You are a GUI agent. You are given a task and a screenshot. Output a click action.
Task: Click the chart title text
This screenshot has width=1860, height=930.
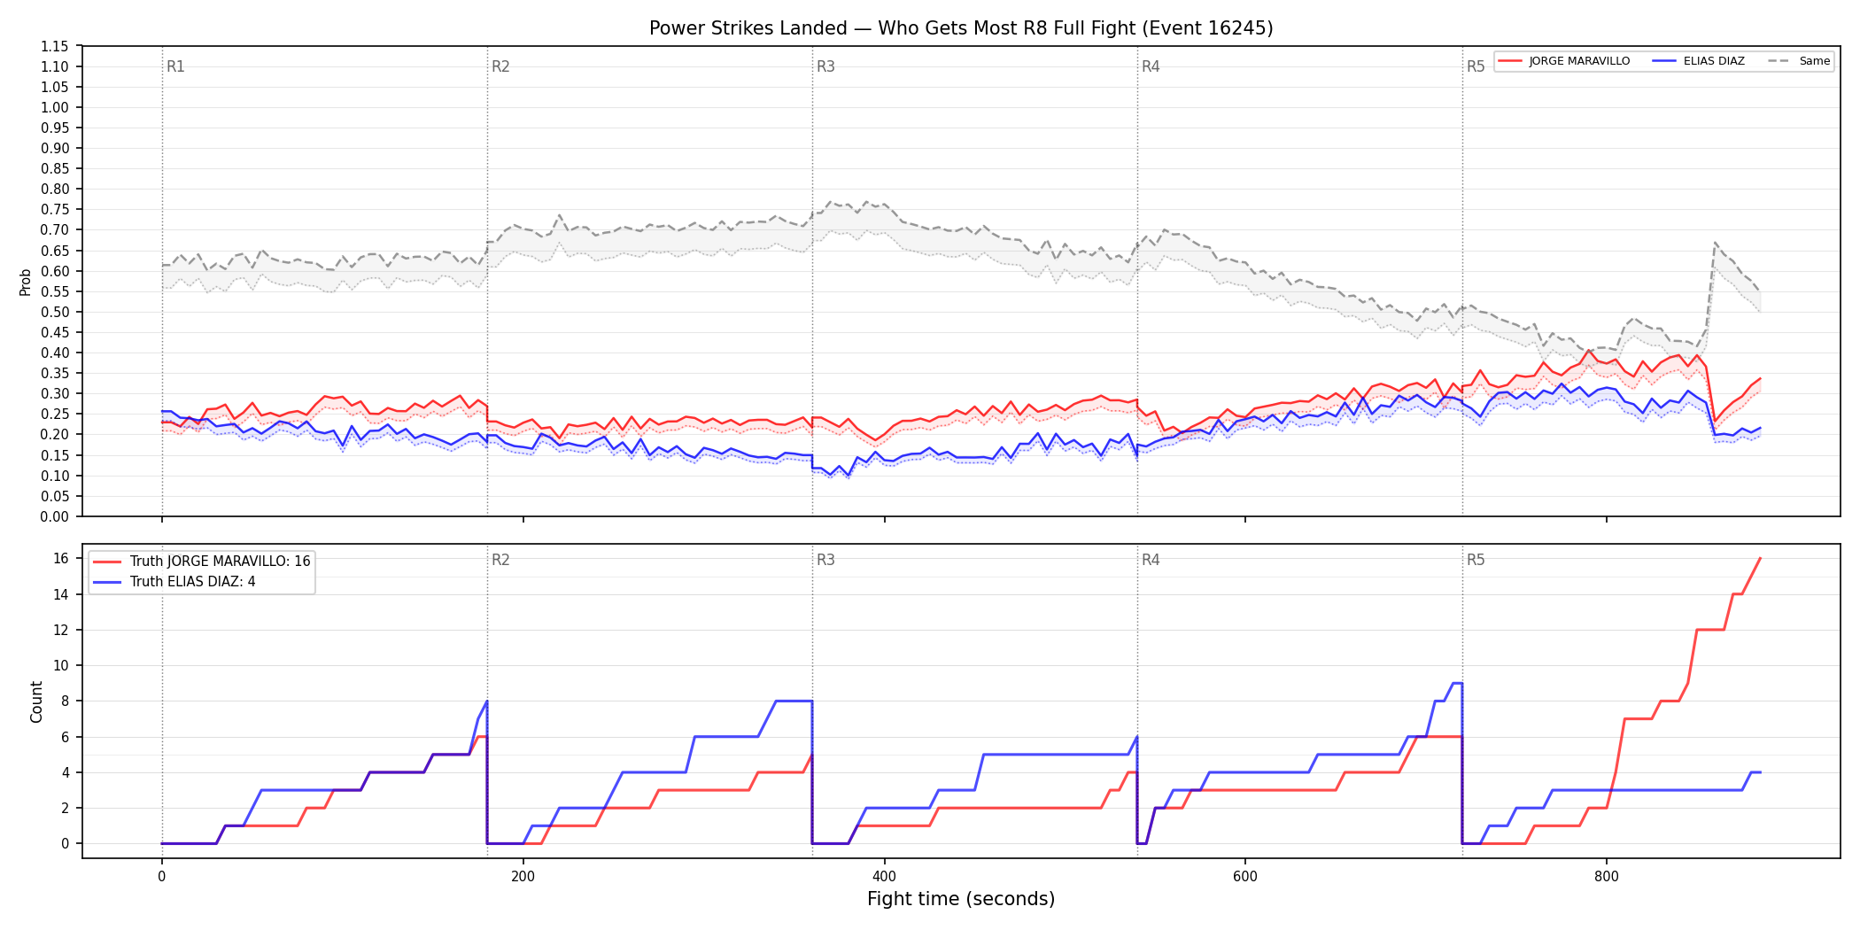click(x=961, y=28)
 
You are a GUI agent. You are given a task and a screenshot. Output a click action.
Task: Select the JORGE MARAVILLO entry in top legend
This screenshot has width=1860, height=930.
click(x=1564, y=61)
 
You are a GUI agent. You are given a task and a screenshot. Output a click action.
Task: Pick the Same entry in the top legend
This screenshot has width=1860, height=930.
click(x=1799, y=61)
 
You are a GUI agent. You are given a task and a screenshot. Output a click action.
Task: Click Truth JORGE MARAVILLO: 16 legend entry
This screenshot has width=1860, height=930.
click(x=201, y=562)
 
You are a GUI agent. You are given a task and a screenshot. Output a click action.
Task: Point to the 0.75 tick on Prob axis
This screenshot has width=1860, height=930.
click(x=55, y=210)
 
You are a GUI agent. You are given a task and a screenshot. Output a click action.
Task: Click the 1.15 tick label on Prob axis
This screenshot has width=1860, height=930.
click(x=55, y=46)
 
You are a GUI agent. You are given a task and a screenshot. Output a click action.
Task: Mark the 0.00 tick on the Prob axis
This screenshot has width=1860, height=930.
click(x=55, y=516)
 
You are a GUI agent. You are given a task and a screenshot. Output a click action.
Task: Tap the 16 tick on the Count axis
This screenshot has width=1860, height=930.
click(x=61, y=558)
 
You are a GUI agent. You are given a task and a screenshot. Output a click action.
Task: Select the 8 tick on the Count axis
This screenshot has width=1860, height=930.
click(x=65, y=701)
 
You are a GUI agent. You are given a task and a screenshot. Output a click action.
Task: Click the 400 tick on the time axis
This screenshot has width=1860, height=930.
click(x=884, y=877)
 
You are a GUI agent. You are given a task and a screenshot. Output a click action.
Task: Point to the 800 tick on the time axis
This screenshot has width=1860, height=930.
click(x=1607, y=877)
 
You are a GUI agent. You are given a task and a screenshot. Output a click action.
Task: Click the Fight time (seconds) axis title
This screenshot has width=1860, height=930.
click(x=961, y=899)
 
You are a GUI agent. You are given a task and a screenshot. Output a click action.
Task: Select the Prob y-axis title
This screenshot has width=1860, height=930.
click(x=26, y=282)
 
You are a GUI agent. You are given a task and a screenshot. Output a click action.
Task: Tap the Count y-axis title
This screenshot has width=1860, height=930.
click(x=36, y=701)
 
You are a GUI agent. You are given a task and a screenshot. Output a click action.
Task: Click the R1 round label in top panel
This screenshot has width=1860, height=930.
click(x=175, y=66)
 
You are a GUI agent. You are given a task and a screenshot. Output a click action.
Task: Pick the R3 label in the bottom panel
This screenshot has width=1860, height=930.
click(x=825, y=560)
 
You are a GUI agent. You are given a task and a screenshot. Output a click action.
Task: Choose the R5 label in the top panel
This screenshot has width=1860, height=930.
click(x=1476, y=66)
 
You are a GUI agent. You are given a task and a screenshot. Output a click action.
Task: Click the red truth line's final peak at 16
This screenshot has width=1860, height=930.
click(x=1760, y=558)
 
